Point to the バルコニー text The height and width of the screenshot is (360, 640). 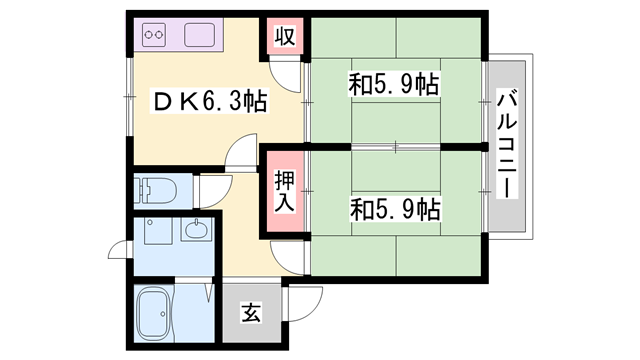507,145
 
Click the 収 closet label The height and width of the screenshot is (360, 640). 284,37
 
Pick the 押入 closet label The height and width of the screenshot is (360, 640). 284,190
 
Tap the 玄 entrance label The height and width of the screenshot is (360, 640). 250,314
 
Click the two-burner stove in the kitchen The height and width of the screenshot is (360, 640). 155,38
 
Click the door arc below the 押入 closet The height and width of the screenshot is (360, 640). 288,255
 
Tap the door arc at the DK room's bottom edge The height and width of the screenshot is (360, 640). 242,158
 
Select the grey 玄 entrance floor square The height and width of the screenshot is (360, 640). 250,314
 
